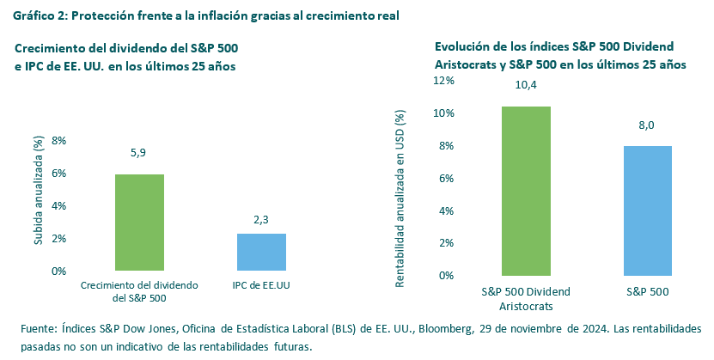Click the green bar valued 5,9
click(139, 223)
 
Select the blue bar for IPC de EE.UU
click(261, 252)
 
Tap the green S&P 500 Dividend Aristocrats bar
click(526, 191)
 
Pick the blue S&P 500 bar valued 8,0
click(646, 211)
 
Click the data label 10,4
click(526, 85)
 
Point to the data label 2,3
click(261, 220)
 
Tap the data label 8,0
click(646, 126)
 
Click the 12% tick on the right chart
click(444, 81)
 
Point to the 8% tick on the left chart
click(58, 141)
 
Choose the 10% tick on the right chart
click(444, 113)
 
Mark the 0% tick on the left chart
click(58, 271)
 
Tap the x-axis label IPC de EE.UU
click(261, 284)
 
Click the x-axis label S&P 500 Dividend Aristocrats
click(526, 299)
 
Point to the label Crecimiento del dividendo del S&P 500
click(139, 291)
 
